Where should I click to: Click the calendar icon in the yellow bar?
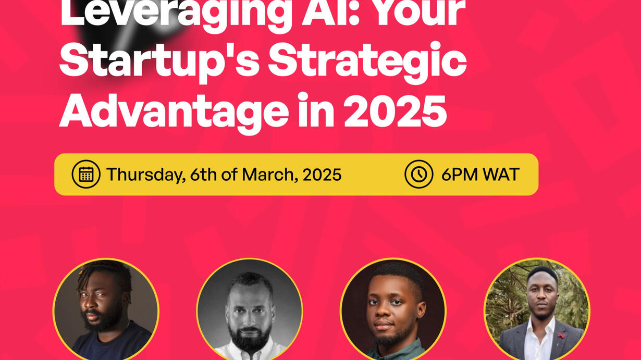tap(86, 174)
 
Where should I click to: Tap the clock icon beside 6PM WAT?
tap(418, 174)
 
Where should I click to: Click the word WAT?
tap(501, 175)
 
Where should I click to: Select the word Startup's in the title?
tap(159, 63)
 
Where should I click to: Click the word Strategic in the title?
tap(367, 63)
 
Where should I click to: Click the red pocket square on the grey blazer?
tap(561, 336)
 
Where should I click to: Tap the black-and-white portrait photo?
tap(250, 309)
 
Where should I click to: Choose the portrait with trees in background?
tap(537, 309)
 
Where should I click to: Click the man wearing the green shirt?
tap(393, 309)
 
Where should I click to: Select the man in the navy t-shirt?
tap(106, 309)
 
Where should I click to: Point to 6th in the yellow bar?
tap(203, 175)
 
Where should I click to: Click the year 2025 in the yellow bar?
tap(322, 175)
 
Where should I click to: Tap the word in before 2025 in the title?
tap(316, 109)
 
